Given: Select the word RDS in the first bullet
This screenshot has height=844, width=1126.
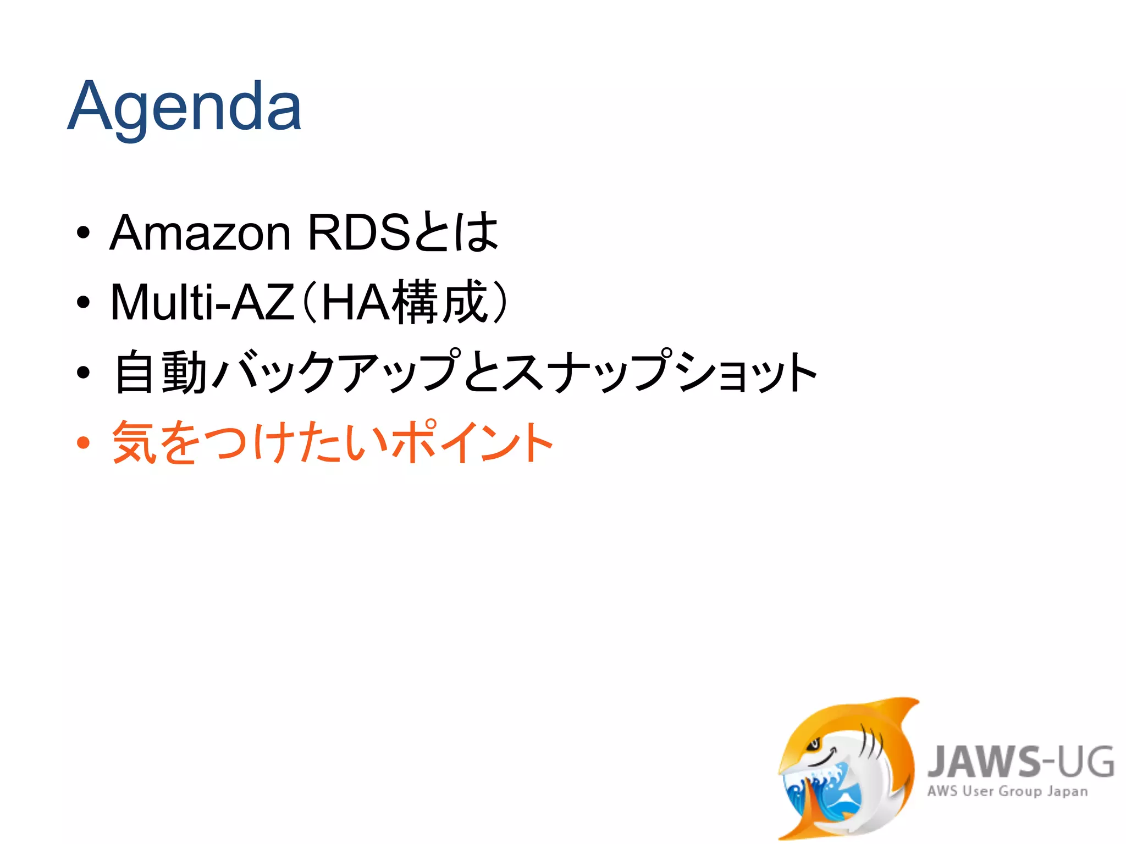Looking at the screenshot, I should [x=358, y=233].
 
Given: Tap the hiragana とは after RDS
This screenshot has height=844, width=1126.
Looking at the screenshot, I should [x=456, y=233].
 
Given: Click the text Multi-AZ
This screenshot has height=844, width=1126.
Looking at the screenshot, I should [x=202, y=302].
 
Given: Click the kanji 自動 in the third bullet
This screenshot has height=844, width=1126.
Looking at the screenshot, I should [x=160, y=373].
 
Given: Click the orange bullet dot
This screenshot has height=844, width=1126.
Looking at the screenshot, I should [x=83, y=443].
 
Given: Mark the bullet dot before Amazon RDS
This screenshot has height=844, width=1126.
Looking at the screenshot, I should [x=83, y=233].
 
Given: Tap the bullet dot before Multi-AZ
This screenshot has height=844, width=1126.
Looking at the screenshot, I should [x=83, y=302].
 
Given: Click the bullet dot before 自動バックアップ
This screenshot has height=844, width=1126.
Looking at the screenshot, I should [x=83, y=373].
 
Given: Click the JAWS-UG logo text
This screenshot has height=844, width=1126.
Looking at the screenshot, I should [x=1020, y=762].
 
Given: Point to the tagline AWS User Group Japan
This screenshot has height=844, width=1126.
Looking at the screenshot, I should [x=1007, y=791].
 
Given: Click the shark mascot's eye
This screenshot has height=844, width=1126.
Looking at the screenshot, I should [x=813, y=745].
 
